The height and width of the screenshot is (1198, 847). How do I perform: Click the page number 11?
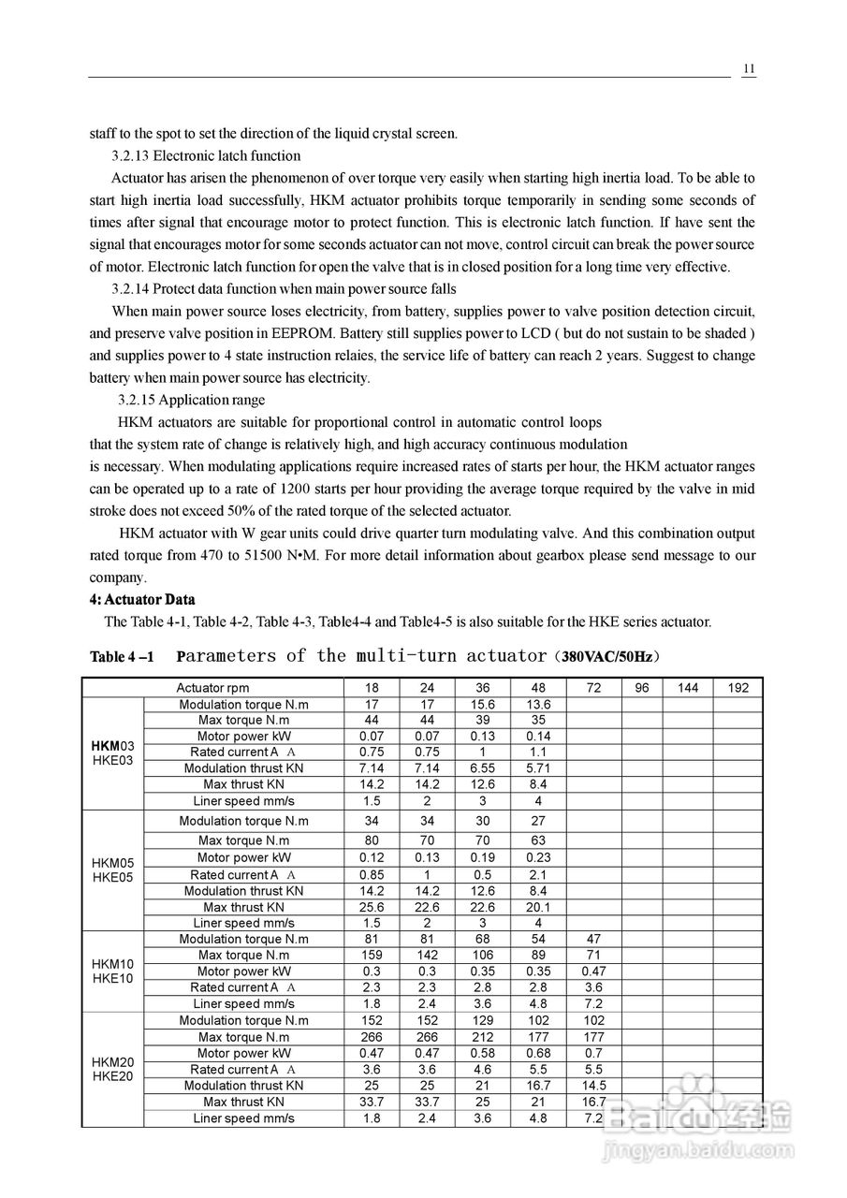click(x=749, y=69)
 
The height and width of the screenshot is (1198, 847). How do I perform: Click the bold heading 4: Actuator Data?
click(x=142, y=599)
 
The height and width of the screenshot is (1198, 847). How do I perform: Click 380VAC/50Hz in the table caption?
click(x=606, y=656)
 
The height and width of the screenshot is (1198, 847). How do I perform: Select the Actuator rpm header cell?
click(x=212, y=688)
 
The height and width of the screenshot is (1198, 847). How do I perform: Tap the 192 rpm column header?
click(x=737, y=688)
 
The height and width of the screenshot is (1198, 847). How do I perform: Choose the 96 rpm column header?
click(x=641, y=688)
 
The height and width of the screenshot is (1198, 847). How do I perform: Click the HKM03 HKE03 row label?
click(x=112, y=753)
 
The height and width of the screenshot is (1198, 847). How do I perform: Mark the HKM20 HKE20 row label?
click(x=112, y=1069)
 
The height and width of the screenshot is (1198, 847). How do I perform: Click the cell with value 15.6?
click(x=483, y=705)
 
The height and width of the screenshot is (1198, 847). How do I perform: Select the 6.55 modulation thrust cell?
click(x=483, y=768)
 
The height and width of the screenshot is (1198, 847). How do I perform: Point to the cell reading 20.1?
click(x=538, y=907)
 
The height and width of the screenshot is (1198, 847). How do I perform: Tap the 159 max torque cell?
click(x=372, y=956)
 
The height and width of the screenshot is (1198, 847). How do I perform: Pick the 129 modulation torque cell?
click(x=483, y=1021)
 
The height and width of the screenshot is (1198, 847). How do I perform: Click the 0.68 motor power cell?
click(x=538, y=1053)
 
